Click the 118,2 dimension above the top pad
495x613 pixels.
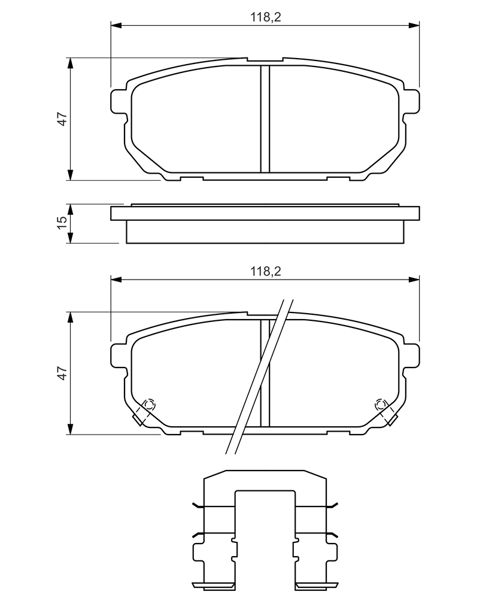pos(266,17)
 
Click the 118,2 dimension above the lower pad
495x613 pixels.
pos(266,271)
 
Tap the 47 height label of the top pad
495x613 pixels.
pos(63,119)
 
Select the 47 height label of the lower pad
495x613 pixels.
pos(63,373)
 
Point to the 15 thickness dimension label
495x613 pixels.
pos(63,223)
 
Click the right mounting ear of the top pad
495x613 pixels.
pos(411,102)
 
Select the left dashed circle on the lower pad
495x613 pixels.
pos(149,404)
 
